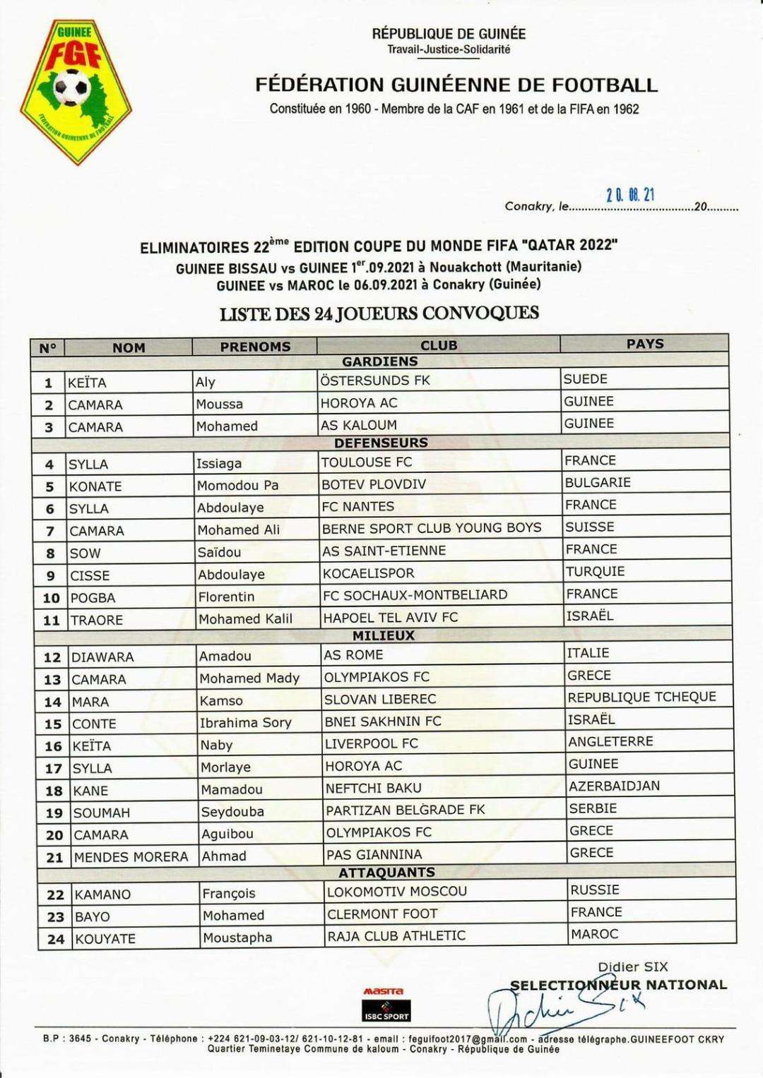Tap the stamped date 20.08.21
631,196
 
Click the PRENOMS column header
255,347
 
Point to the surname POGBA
93,598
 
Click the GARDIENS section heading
380,361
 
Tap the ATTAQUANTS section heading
386,873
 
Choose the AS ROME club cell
353,654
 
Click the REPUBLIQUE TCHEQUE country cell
641,697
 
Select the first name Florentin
226,597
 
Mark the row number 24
55,939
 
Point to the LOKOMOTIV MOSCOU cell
397,892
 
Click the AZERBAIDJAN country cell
614,786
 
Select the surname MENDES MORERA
131,857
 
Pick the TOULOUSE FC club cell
367,462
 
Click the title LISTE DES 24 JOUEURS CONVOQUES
379,313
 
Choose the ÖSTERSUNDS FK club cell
375,380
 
